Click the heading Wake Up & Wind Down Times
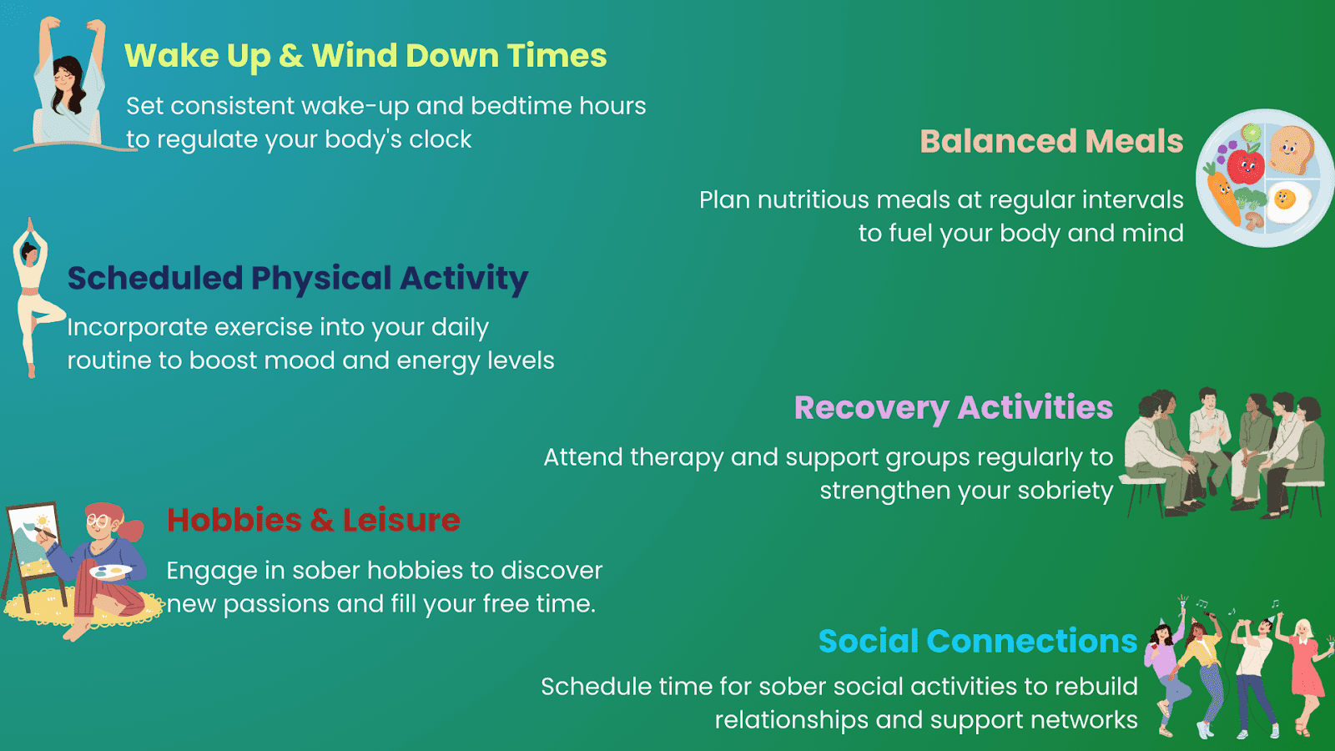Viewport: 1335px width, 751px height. pos(365,56)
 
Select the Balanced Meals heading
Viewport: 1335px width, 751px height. pos(1051,141)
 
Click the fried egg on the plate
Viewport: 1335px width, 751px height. pos(1287,201)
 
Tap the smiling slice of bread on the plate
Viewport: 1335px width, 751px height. pos(1290,150)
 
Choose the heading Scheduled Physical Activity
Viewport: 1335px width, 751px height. pos(298,278)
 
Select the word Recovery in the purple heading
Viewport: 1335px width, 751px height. pos(871,408)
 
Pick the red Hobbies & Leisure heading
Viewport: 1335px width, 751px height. pos(313,520)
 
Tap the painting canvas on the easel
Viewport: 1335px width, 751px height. pos(33,542)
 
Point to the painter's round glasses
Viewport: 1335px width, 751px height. pos(98,521)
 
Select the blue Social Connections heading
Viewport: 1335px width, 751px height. pos(977,641)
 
